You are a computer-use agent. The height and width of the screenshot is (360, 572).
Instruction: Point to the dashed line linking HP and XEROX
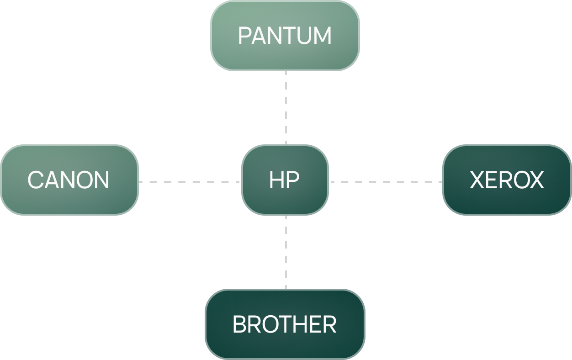coord(386,181)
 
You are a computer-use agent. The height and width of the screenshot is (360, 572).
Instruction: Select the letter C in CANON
coord(35,180)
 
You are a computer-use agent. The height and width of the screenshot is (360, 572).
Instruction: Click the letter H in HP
coord(277,180)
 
